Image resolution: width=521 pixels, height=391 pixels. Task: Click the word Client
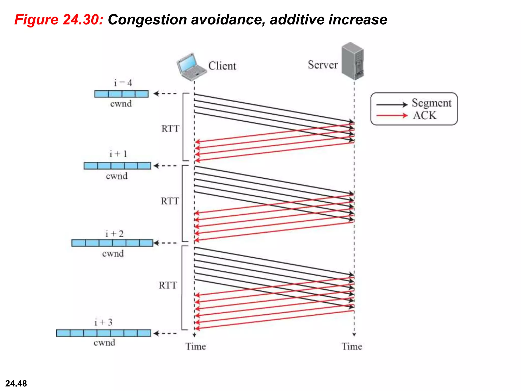(222, 66)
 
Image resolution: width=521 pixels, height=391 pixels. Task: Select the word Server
(323, 65)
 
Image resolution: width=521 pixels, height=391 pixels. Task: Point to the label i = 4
(123, 83)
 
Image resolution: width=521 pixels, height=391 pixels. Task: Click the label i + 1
(118, 154)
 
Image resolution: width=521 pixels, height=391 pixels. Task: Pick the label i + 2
(114, 234)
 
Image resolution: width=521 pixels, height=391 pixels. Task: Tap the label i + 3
(103, 322)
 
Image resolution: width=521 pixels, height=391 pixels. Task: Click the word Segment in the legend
(431, 103)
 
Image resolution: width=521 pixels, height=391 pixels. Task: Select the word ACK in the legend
(424, 116)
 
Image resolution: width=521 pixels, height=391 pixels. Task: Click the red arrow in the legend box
(392, 116)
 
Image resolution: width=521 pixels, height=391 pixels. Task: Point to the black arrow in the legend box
(392, 104)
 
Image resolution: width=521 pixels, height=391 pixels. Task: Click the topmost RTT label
(170, 129)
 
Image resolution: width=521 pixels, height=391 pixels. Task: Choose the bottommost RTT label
(168, 285)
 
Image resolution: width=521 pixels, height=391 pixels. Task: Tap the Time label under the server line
(352, 346)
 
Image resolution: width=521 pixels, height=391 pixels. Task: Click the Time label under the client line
(195, 346)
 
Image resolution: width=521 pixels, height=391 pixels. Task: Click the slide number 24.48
(16, 383)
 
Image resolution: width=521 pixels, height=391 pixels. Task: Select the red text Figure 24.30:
(59, 20)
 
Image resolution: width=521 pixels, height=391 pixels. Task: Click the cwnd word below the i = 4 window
(121, 104)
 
